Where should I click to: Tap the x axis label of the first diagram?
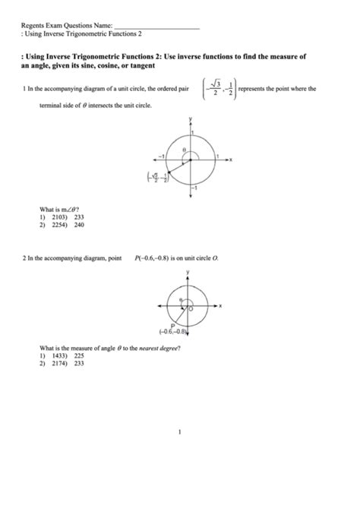click(231, 160)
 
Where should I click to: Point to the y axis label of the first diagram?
click(190, 118)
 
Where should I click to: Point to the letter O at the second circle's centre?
click(191, 310)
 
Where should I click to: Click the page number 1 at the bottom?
click(179, 434)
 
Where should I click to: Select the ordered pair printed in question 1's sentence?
click(216, 90)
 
